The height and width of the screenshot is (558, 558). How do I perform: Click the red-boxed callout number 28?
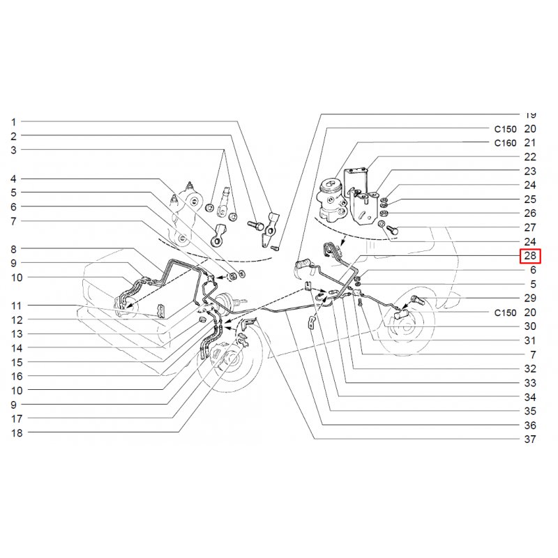[530, 256]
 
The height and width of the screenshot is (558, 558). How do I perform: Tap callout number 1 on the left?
[13, 122]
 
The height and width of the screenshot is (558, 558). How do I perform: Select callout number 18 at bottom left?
[17, 433]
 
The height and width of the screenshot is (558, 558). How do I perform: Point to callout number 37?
[530, 439]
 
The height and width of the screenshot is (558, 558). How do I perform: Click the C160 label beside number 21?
[505, 143]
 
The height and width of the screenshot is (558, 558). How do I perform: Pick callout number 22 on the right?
[530, 157]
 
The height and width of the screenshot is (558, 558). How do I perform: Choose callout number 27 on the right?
[530, 227]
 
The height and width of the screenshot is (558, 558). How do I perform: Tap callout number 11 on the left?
[16, 306]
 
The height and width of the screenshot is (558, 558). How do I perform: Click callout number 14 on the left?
[17, 348]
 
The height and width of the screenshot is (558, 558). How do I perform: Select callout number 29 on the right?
[530, 299]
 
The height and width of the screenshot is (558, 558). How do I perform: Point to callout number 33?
[530, 383]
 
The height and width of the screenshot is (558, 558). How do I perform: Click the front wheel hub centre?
[232, 359]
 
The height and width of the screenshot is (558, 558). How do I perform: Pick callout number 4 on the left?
[13, 179]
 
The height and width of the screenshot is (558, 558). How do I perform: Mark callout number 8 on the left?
[13, 250]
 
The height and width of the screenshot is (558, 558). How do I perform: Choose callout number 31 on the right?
[530, 340]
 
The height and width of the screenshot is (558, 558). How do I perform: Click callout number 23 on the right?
[530, 171]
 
